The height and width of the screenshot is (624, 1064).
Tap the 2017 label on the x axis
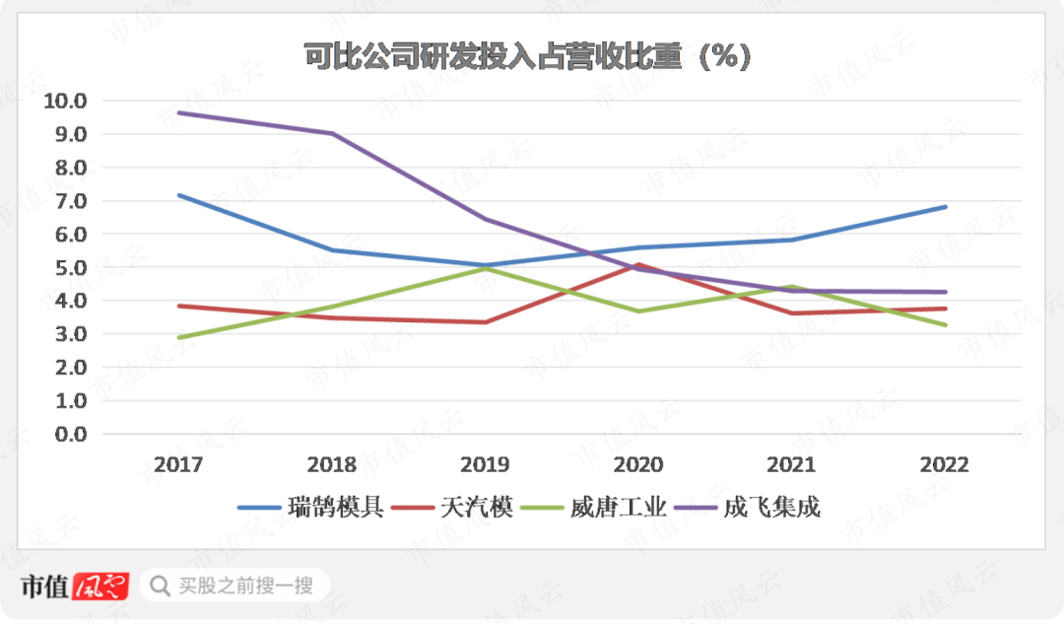click(x=178, y=465)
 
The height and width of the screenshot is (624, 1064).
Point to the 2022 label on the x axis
click(x=945, y=465)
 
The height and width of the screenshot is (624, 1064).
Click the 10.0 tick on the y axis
click(x=66, y=101)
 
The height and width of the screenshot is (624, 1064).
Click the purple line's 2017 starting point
click(x=178, y=112)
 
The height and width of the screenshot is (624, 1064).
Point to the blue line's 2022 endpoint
click(x=945, y=207)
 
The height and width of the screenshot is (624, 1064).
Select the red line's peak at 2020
click(x=638, y=264)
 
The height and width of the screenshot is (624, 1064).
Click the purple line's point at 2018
click(x=332, y=133)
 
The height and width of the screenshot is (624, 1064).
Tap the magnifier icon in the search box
click(x=159, y=587)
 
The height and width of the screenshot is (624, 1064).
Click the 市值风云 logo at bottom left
click(x=75, y=587)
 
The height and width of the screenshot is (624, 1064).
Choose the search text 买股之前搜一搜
click(x=245, y=587)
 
